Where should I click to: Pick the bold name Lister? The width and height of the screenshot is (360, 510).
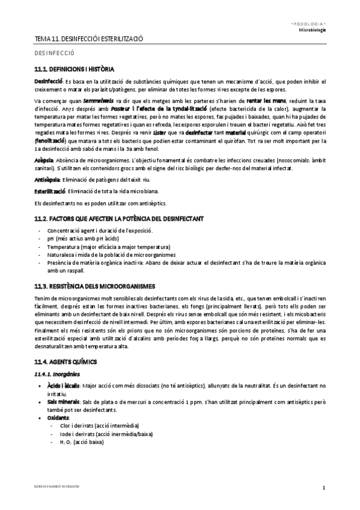point(175,131)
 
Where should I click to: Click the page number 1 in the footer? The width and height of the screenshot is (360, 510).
point(323,487)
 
